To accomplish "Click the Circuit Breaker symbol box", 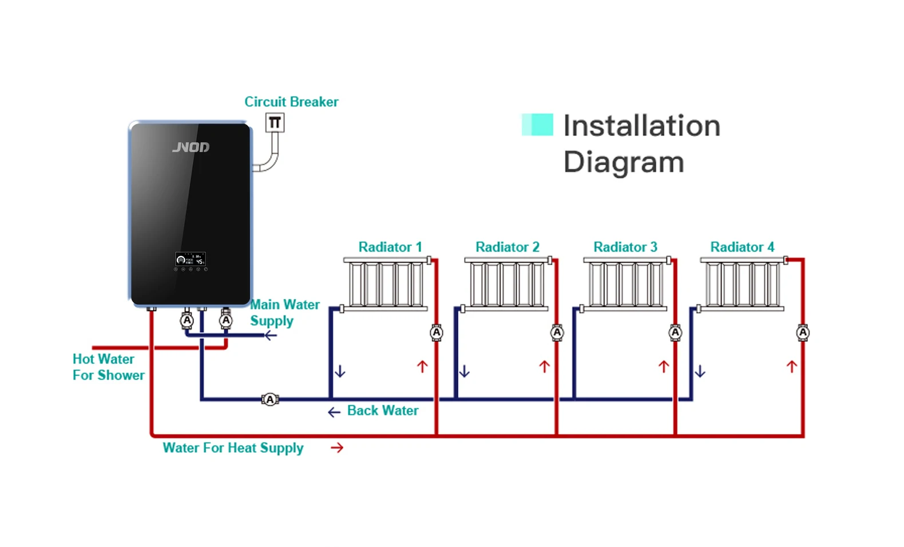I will click(275, 122).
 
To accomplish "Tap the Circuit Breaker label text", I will click(291, 102).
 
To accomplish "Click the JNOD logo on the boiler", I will click(191, 147).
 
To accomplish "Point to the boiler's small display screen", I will click(191, 259).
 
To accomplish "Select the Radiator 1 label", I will click(390, 247).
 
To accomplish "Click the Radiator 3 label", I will click(625, 247).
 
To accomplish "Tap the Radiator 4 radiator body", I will click(742, 284).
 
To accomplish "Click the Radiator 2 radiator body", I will click(506, 284).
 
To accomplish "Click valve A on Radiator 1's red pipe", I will click(437, 333).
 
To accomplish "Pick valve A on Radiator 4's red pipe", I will click(803, 333).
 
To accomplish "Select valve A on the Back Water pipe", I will click(270, 400).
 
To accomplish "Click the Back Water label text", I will click(382, 410).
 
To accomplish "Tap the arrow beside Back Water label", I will click(334, 412).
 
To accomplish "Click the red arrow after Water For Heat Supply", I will click(337, 448).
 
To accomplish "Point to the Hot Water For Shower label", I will click(108, 367).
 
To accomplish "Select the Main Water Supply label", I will click(284, 312).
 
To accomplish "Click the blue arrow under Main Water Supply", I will click(271, 336).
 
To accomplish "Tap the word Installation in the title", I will click(641, 126).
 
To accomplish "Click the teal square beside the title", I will click(537, 125).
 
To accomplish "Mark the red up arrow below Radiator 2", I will click(544, 366).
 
